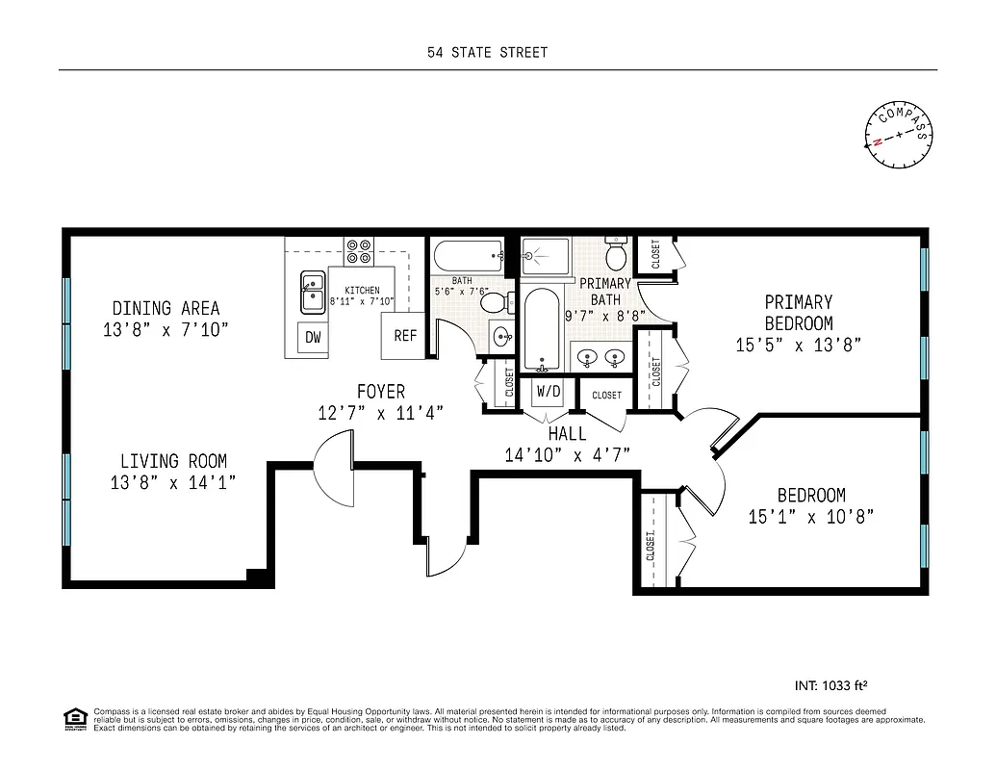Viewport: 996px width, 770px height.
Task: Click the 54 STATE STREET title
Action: point(488,53)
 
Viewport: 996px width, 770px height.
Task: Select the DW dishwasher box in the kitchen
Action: point(313,337)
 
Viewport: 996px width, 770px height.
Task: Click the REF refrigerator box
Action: point(405,336)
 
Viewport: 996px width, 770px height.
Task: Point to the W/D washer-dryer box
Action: point(548,392)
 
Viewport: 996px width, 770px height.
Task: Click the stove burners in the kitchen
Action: point(359,251)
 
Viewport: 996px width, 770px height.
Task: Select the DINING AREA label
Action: point(166,309)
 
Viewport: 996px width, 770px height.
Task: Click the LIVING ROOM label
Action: point(173,461)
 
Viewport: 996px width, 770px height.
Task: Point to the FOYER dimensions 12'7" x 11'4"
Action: point(380,414)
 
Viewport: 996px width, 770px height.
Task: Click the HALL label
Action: point(567,434)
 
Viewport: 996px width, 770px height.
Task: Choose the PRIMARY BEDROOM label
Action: point(799,313)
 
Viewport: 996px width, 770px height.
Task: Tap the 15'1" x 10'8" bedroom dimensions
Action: point(810,517)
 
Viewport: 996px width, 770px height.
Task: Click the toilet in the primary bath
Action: point(616,256)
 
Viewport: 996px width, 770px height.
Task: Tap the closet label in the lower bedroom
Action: point(651,546)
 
